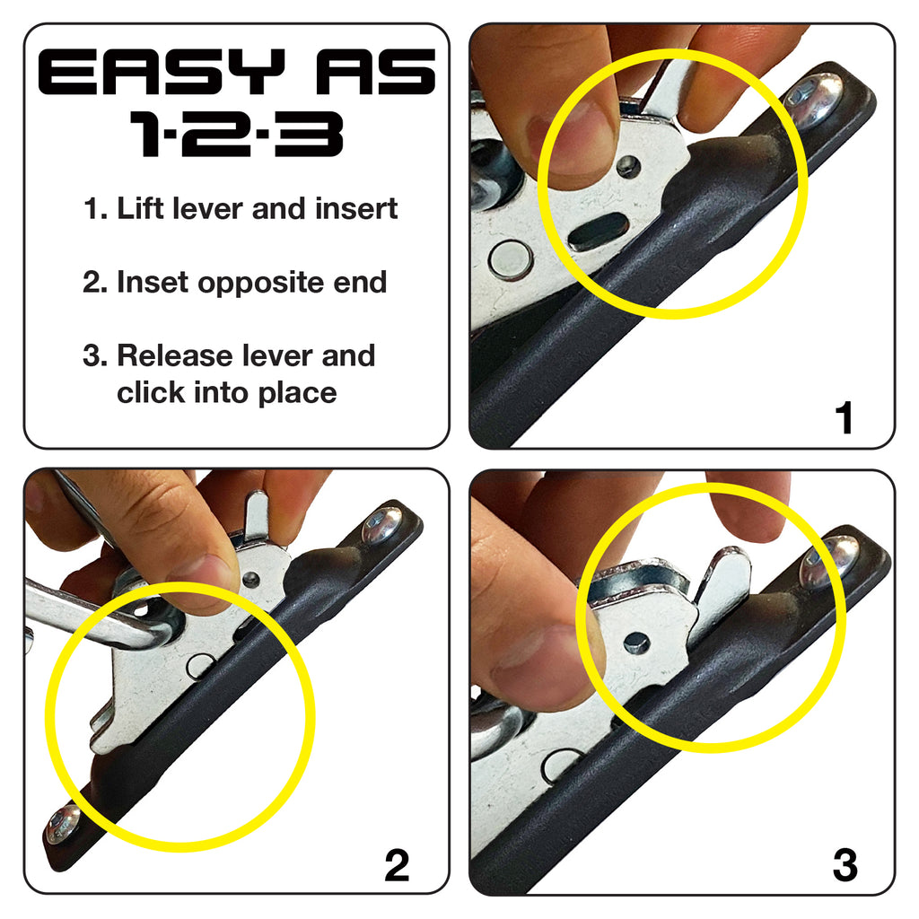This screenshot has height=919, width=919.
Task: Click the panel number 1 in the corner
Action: point(844,418)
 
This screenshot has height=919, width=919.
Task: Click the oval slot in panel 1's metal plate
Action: point(599,232)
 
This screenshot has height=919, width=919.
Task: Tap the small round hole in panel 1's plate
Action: point(629,166)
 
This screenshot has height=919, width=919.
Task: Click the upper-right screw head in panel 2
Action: point(382,526)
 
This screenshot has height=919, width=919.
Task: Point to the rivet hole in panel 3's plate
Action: point(636,642)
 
